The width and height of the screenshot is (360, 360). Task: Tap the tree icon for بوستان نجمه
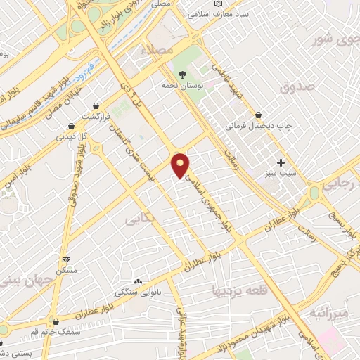(182, 74)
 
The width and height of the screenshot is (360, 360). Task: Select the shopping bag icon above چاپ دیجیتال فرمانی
(258, 114)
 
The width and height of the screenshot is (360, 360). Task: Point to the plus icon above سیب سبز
(281, 162)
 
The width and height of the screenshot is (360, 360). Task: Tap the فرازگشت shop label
(98, 115)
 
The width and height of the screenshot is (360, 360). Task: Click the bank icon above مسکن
(66, 259)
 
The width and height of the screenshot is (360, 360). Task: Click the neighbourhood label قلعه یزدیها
(240, 289)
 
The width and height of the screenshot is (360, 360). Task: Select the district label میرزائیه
(328, 311)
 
